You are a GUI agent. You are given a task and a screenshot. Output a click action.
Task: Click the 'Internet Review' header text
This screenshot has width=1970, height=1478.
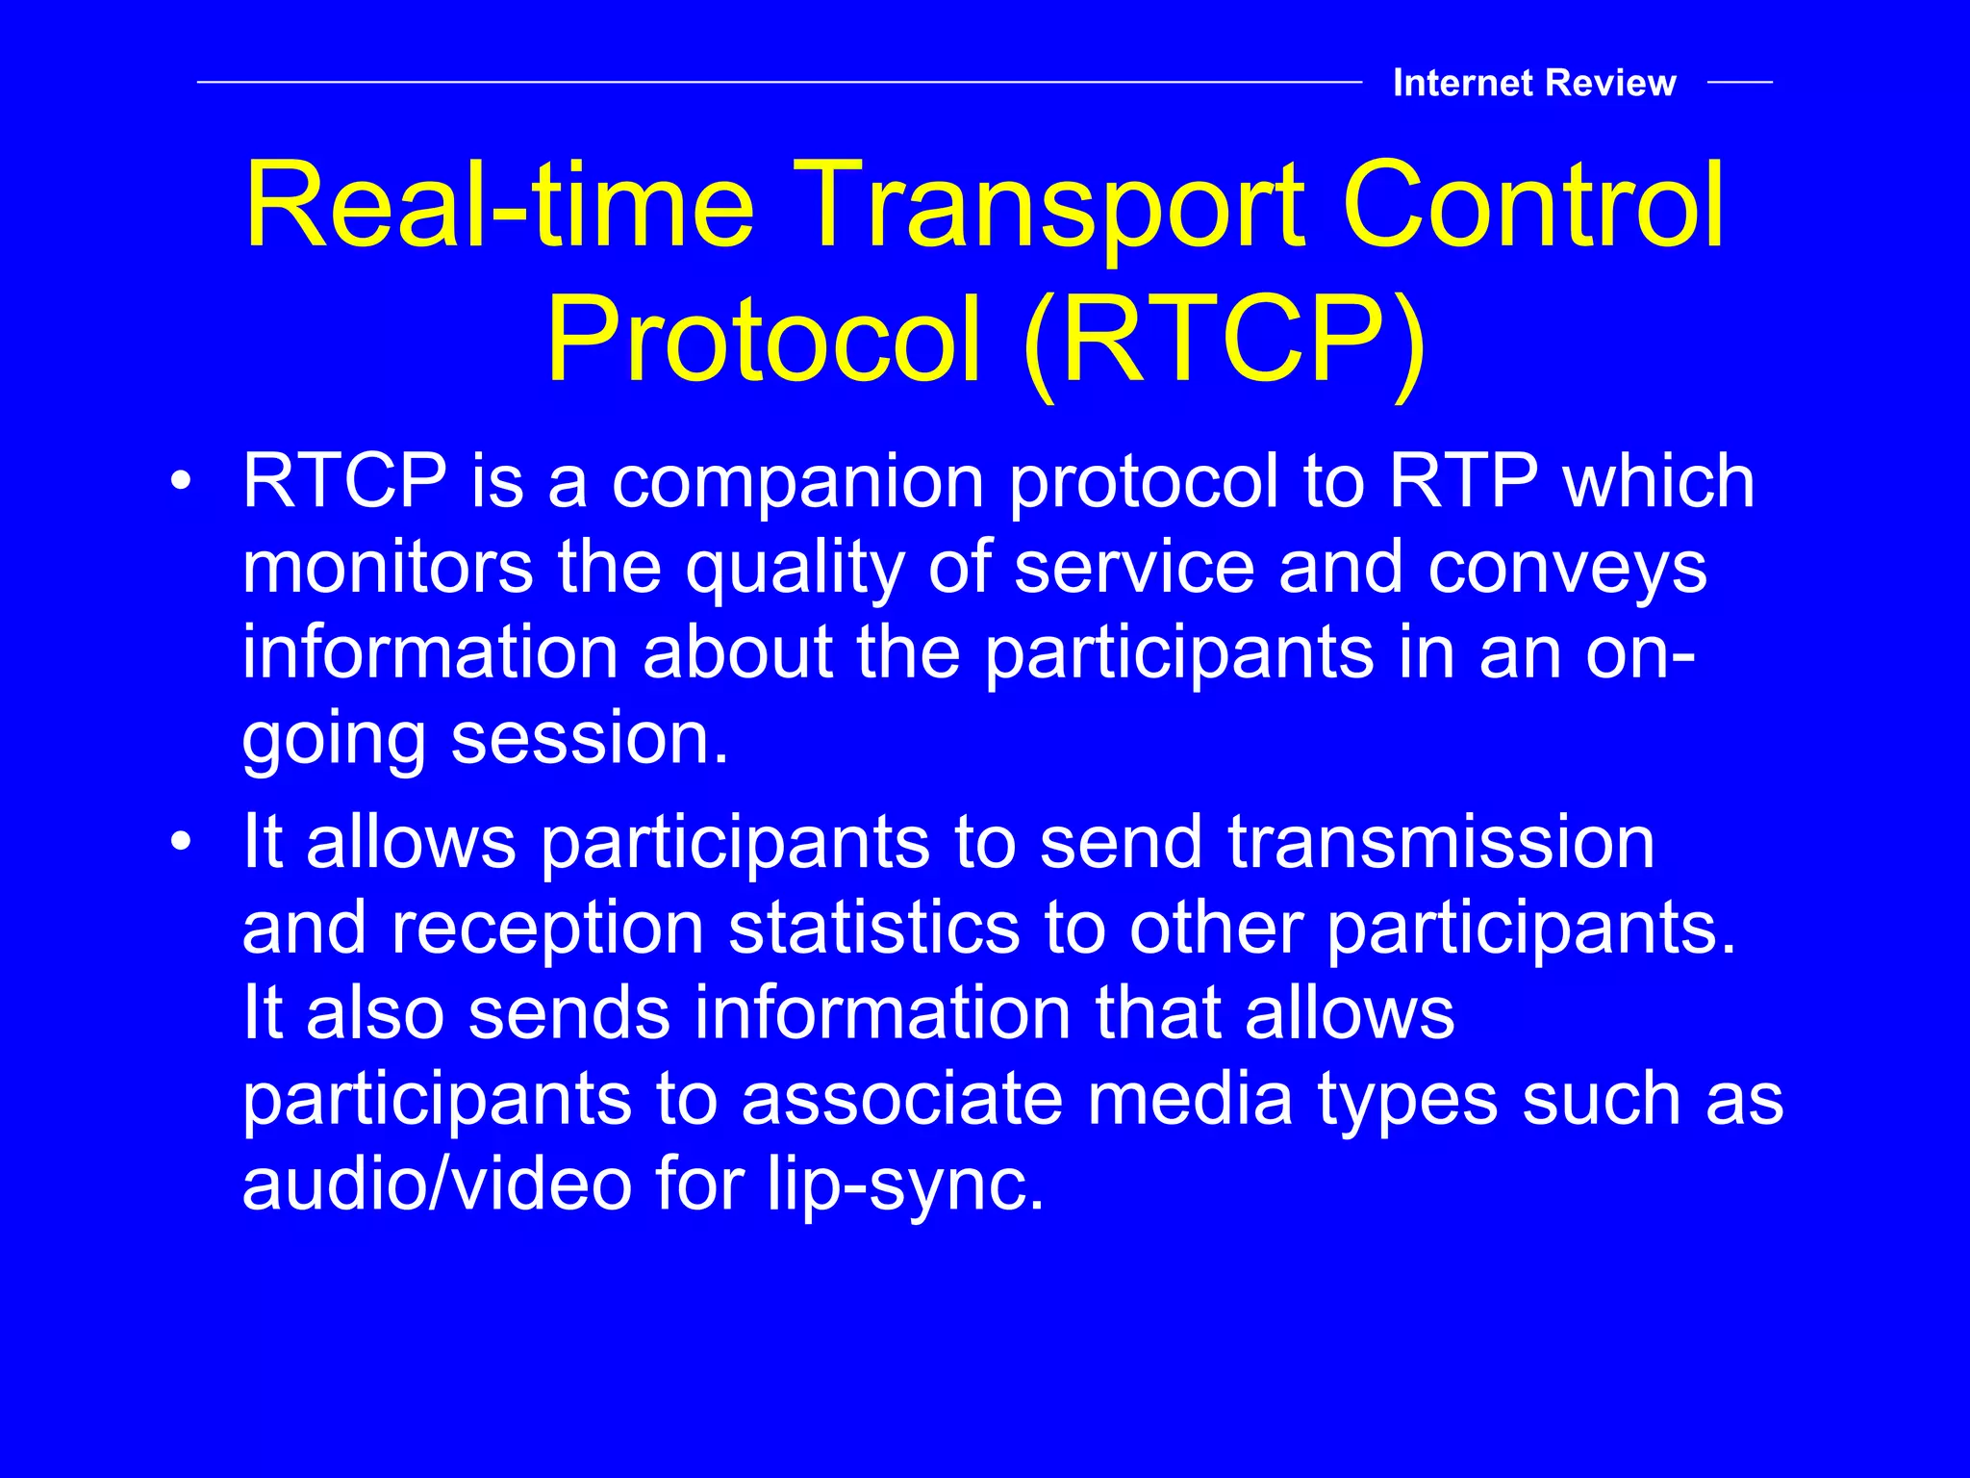pyautogui.click(x=1533, y=84)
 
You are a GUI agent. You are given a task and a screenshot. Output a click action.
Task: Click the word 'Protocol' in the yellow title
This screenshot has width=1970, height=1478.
pyautogui.click(x=764, y=342)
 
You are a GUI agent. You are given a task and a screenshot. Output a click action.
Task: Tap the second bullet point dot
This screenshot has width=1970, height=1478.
pyautogui.click(x=181, y=843)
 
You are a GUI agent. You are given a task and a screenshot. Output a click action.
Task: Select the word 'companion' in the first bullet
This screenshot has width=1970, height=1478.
pyautogui.click(x=797, y=481)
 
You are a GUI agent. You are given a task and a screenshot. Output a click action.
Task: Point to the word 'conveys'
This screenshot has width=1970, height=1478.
pyautogui.click(x=1567, y=568)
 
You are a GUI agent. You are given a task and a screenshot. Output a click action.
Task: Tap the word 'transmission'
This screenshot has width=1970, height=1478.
pyautogui.click(x=1441, y=843)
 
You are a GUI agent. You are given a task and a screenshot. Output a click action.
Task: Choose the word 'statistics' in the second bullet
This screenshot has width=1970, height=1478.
pyautogui.click(x=873, y=929)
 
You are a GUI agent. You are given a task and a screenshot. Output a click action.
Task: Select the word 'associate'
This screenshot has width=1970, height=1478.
pyautogui.click(x=901, y=1099)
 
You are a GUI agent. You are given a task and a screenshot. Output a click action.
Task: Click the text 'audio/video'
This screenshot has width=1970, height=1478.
pyautogui.click(x=437, y=1185)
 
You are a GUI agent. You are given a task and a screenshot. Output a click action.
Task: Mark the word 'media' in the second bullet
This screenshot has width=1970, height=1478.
pyautogui.click(x=1189, y=1099)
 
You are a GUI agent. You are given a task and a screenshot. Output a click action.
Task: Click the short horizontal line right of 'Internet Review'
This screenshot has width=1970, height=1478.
pyautogui.click(x=1739, y=83)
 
